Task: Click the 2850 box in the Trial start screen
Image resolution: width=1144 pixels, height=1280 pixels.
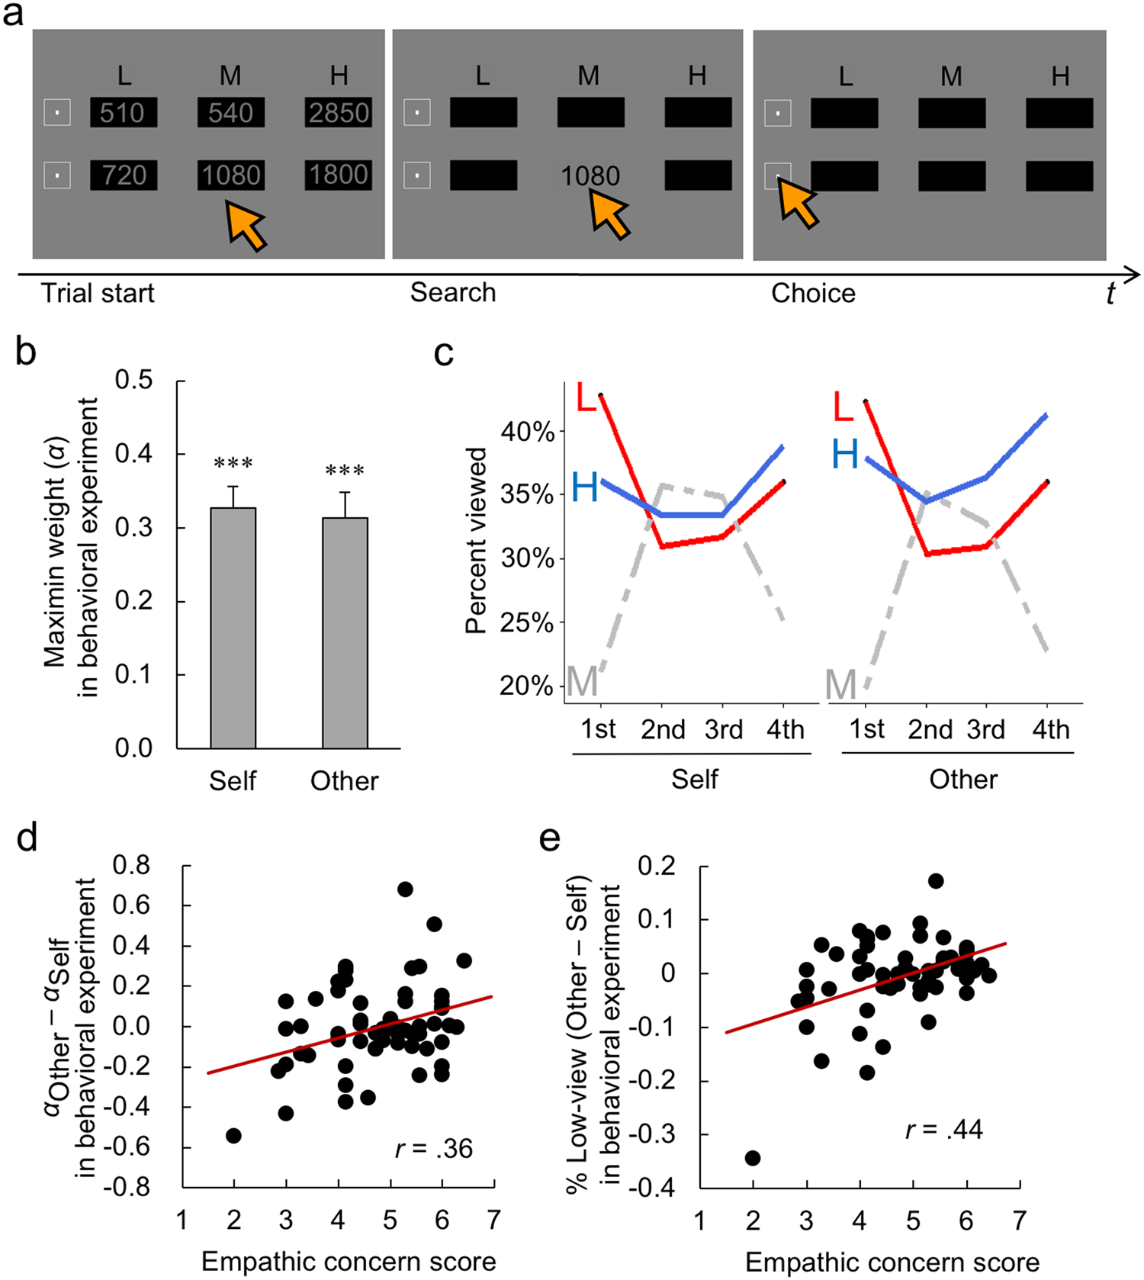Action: [339, 113]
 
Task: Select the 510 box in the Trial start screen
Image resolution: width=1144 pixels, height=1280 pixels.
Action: [123, 113]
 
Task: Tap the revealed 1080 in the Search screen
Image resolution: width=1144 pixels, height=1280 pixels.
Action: [590, 176]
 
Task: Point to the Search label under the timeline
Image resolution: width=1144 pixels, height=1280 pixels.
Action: [453, 293]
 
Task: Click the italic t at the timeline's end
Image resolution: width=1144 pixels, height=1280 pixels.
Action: [1110, 293]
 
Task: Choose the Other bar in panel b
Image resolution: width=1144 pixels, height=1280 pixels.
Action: [345, 632]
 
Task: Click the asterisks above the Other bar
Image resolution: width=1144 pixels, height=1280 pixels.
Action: [345, 471]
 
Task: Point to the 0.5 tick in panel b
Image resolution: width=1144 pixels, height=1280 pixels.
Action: [134, 380]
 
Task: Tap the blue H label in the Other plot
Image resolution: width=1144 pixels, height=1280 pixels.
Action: [845, 455]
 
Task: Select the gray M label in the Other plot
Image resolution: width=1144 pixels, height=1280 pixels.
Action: [840, 685]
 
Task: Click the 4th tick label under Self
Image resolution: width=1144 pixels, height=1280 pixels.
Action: [785, 730]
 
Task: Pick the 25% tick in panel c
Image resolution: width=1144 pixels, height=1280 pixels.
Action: [526, 622]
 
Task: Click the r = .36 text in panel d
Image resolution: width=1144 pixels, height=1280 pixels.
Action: [434, 1149]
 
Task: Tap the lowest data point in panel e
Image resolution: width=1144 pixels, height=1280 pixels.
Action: [753, 1158]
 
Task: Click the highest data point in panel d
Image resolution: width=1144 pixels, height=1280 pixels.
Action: [405, 889]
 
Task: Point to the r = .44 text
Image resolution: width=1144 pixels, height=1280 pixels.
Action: [944, 1130]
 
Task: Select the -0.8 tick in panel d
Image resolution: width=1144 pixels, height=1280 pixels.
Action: [131, 1188]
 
